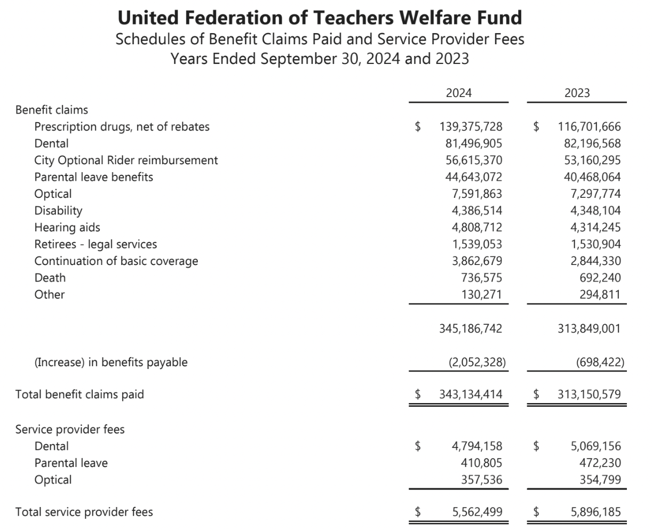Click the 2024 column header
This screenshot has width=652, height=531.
(458, 93)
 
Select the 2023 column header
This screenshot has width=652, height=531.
(577, 93)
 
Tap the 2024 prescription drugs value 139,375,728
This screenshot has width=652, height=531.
(471, 127)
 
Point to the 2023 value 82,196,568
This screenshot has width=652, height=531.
(589, 143)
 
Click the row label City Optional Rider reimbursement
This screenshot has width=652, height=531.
(126, 160)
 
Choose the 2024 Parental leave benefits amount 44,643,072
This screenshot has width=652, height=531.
(473, 177)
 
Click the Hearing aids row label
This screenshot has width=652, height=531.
(67, 228)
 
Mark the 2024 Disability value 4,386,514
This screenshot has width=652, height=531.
(476, 211)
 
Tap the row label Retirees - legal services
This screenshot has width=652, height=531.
(96, 244)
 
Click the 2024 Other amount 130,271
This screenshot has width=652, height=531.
(481, 294)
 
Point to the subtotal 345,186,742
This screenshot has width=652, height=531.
(471, 328)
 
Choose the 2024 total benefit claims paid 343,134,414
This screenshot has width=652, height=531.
(471, 395)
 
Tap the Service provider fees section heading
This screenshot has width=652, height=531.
(70, 429)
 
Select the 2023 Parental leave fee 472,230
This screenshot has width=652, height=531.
(600, 463)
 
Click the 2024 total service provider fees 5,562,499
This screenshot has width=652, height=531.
(476, 512)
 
